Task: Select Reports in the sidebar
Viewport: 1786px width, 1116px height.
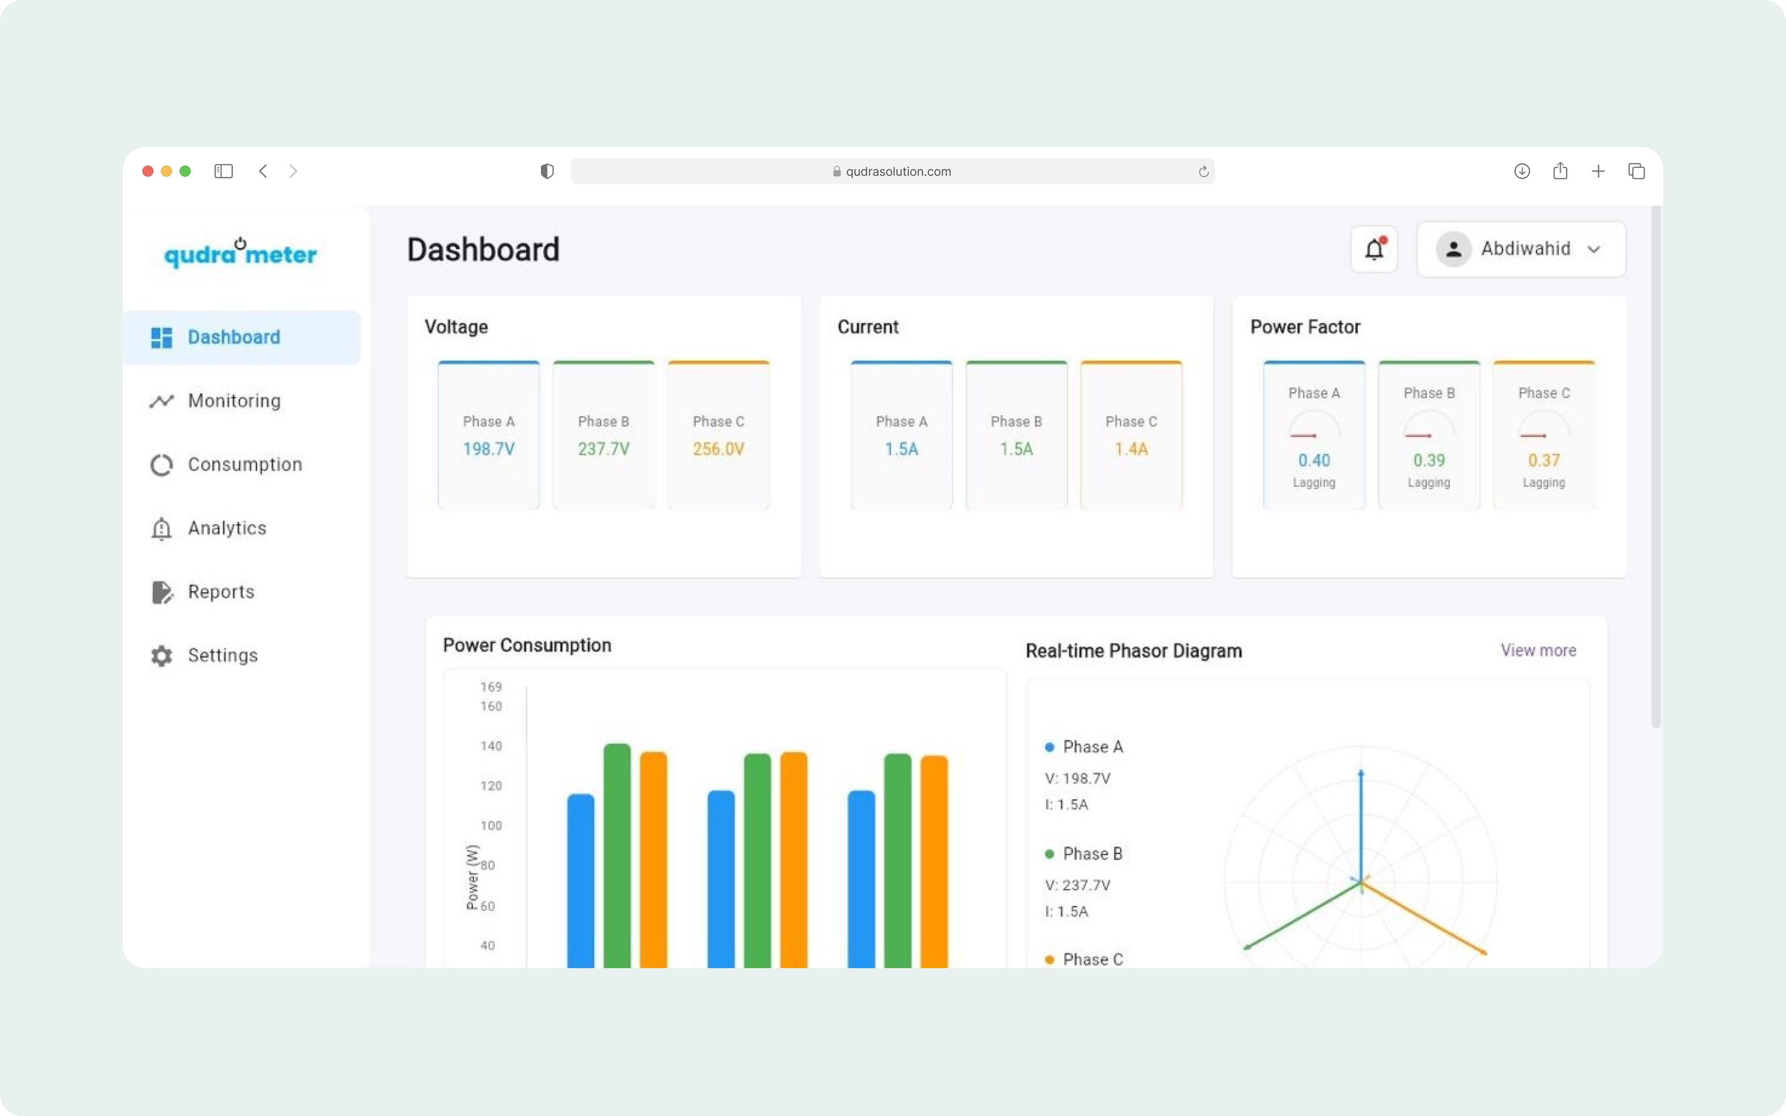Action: pos(220,592)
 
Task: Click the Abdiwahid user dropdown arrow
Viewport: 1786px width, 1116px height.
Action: pos(1594,250)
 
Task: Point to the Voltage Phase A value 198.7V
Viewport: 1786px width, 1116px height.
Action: pos(488,449)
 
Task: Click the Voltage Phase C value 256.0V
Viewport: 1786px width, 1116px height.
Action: pos(718,449)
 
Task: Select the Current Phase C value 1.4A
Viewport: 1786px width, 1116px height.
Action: pos(1131,449)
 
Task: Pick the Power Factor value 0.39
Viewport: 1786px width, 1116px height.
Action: pos(1429,460)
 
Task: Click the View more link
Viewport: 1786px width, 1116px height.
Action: pos(1538,650)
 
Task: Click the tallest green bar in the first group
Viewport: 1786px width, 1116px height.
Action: pos(617,849)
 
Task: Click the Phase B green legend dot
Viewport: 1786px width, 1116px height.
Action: pos(1049,854)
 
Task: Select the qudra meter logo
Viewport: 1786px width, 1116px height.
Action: pos(240,253)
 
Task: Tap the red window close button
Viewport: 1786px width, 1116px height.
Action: pos(147,171)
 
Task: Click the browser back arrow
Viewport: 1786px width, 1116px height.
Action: pos(263,171)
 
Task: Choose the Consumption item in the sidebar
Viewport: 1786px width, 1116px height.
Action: pos(244,464)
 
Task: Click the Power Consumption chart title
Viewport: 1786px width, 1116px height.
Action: pos(527,645)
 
